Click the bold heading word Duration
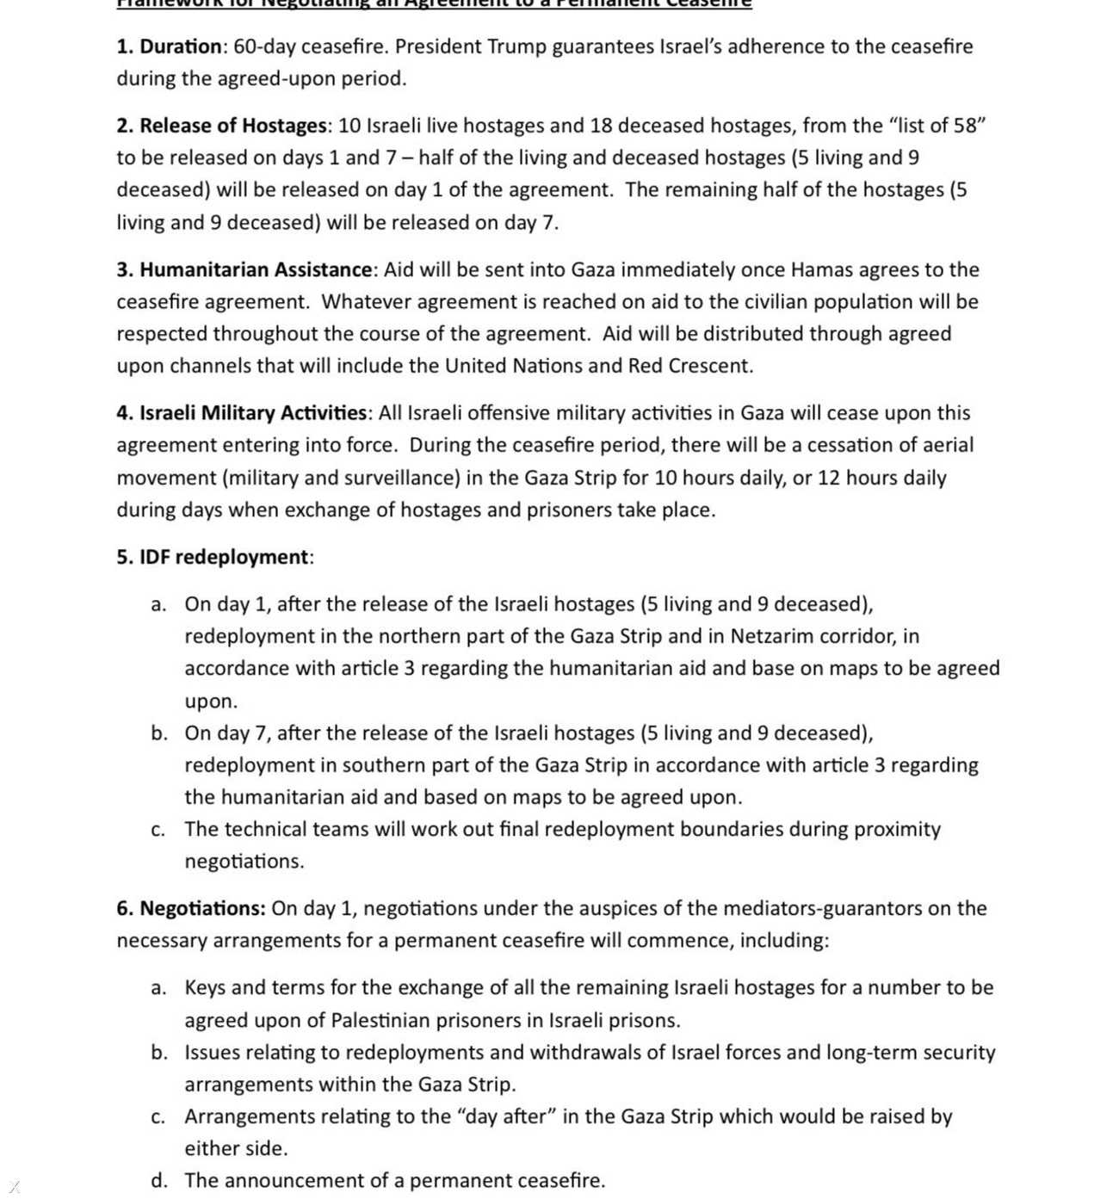181,46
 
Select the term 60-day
264,46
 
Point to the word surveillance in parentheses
398,478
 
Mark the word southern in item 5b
380,765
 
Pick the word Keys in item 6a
205,987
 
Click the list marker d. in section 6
158,1180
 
